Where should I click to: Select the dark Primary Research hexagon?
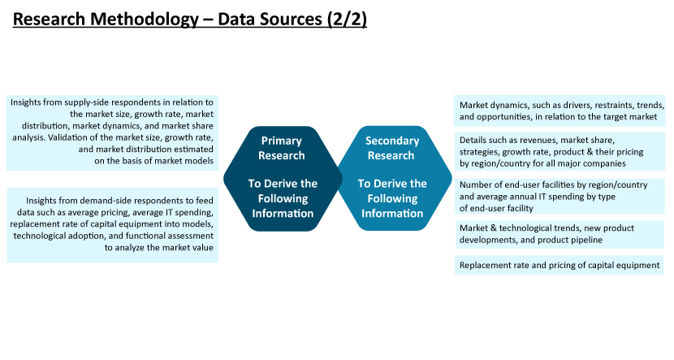[283, 179]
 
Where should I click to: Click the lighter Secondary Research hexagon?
[395, 179]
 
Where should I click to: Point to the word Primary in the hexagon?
[282, 141]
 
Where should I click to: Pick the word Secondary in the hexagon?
[392, 141]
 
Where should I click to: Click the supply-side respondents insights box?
[113, 133]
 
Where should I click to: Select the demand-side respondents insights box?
[113, 225]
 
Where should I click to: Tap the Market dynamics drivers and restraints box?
[560, 111]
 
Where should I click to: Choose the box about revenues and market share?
[560, 151]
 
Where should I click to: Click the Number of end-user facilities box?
[560, 196]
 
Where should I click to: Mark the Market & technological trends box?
[560, 234]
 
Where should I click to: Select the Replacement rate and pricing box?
[560, 265]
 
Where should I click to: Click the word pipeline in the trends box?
[587, 240]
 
